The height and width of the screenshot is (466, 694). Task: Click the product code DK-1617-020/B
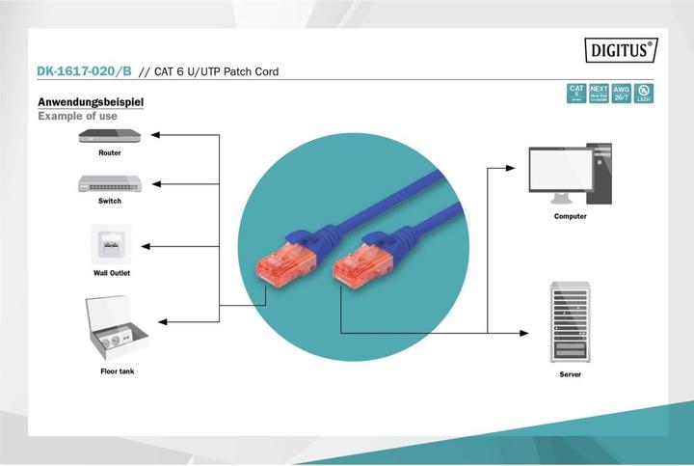pos(84,71)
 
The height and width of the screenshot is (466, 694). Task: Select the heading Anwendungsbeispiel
pos(92,101)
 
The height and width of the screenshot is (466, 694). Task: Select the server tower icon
pos(571,319)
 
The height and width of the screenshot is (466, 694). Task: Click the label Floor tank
pos(118,371)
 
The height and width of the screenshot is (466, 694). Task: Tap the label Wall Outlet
pos(111,273)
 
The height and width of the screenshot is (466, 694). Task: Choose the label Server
pos(571,373)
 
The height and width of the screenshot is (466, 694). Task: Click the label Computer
pos(570,216)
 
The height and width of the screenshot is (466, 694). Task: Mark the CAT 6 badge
pos(576,93)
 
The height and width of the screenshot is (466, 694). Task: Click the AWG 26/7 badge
pos(621,93)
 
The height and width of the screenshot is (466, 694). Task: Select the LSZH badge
pos(642,93)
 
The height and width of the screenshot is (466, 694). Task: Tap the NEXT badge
pos(599,93)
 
